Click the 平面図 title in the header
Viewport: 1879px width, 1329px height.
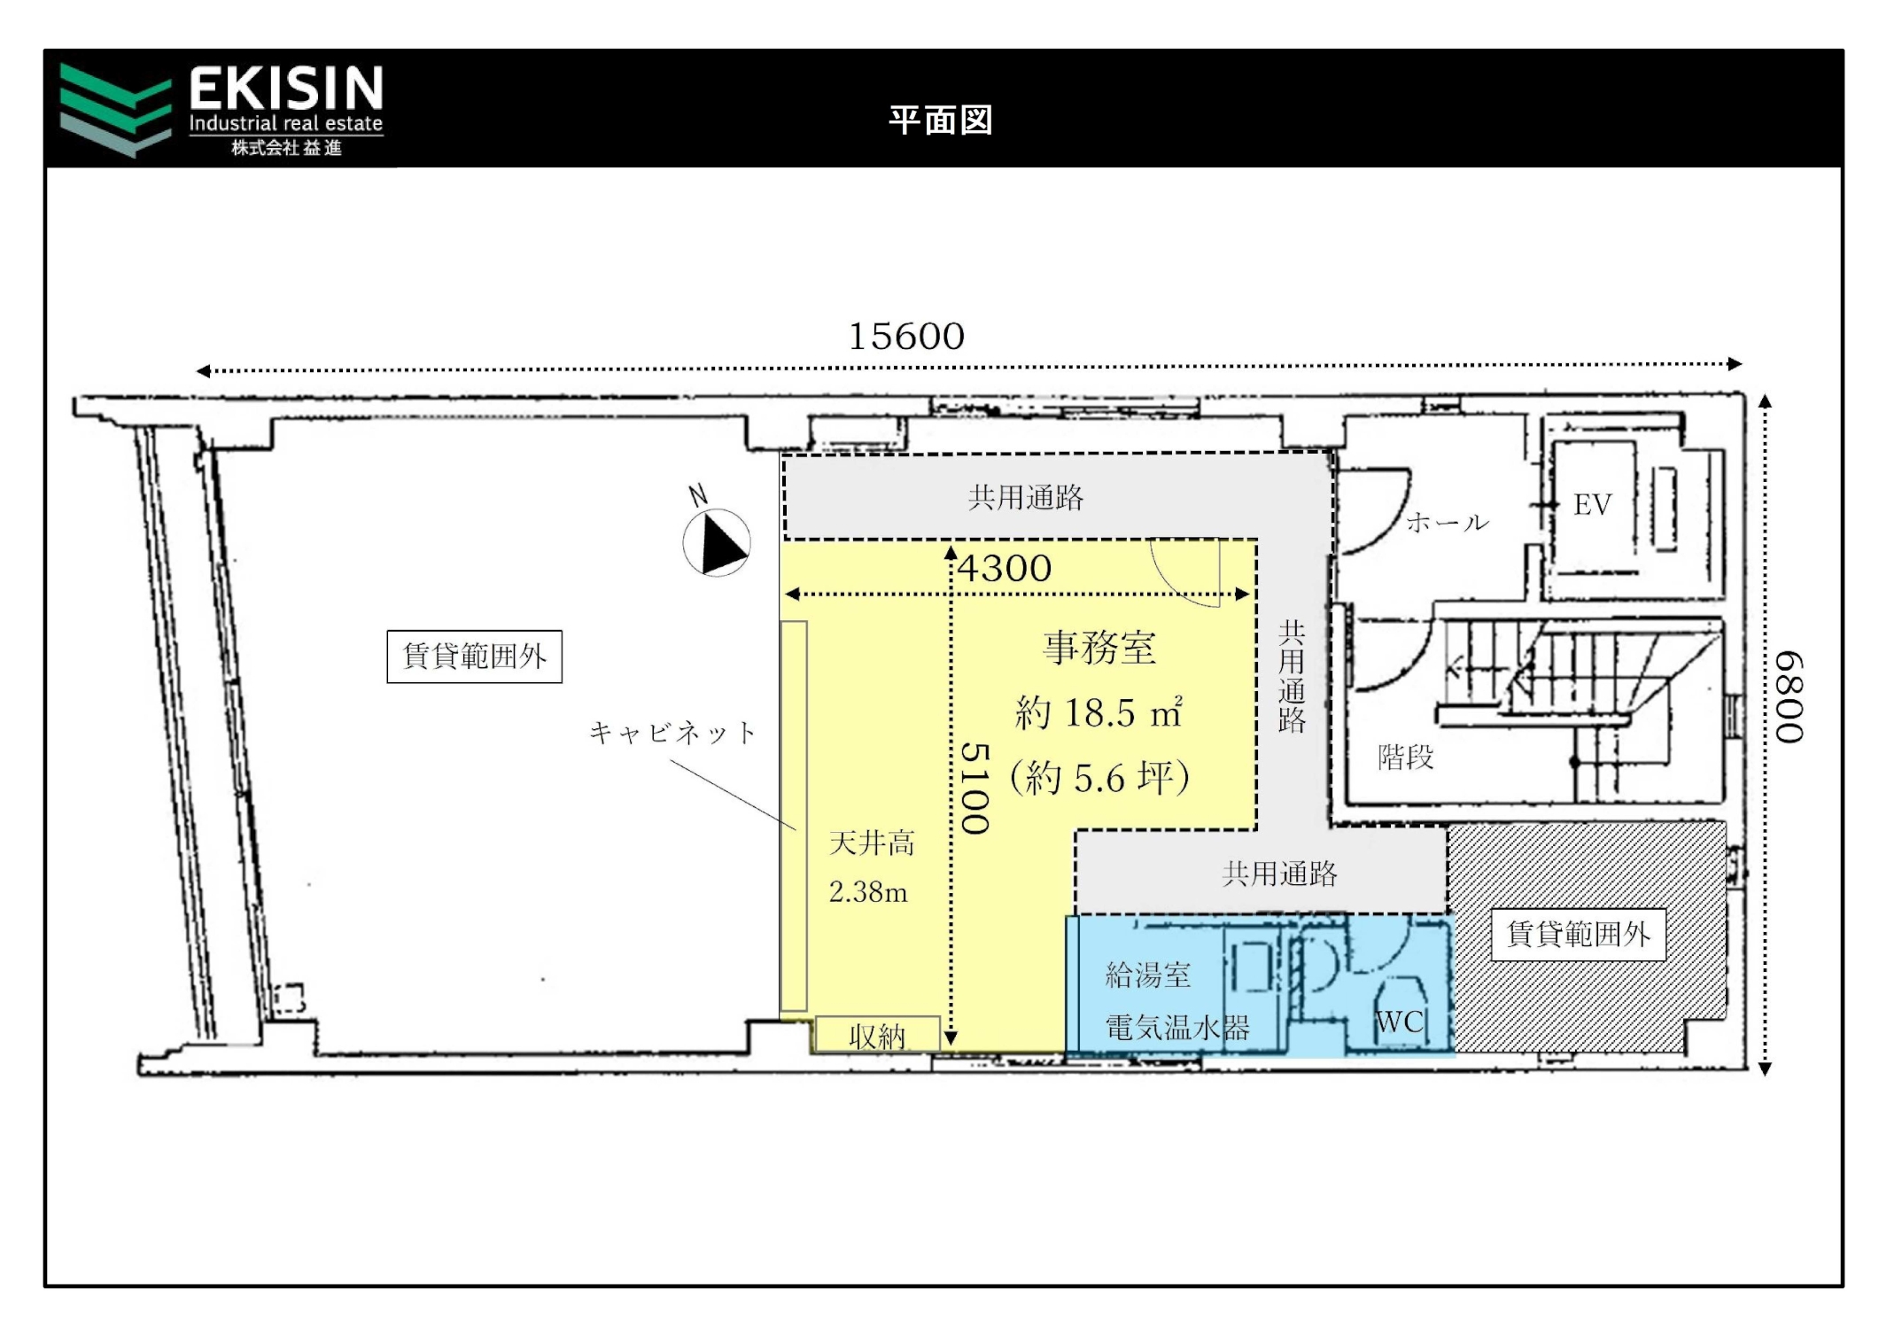[x=941, y=120]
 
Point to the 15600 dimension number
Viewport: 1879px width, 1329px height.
[x=906, y=337]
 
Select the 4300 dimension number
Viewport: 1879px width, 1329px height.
[x=1005, y=569]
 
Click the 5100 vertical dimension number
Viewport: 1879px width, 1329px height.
[x=975, y=789]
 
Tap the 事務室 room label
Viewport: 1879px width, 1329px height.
[x=1099, y=648]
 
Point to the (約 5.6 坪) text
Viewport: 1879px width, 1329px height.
[x=1099, y=778]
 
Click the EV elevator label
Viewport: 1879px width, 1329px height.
[x=1592, y=505]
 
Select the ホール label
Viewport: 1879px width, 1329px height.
[x=1448, y=522]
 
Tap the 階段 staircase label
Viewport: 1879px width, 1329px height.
[x=1406, y=757]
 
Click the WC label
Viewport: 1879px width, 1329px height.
[x=1400, y=1022]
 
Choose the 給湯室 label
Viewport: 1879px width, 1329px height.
[x=1148, y=975]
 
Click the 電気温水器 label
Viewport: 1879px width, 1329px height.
[x=1177, y=1028]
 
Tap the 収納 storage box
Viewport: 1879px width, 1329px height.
[x=877, y=1034]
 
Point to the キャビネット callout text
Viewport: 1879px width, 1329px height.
[x=672, y=733]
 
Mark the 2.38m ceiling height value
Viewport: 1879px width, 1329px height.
[x=868, y=892]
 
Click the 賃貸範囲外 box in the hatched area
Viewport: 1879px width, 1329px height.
[x=1579, y=934]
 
